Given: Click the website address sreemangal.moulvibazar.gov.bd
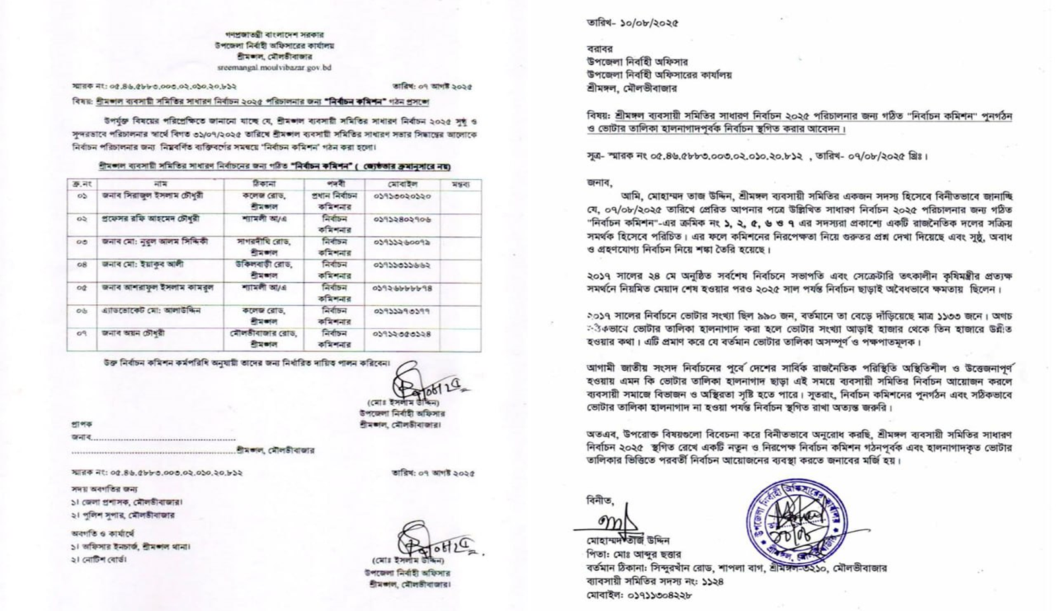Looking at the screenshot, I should click(274, 67).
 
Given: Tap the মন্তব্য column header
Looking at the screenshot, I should click(459, 184).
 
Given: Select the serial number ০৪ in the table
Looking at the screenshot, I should click(82, 265).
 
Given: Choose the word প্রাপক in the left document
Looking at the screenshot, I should click(82, 424).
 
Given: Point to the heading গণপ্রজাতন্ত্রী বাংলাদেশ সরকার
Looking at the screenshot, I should click(274, 34).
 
